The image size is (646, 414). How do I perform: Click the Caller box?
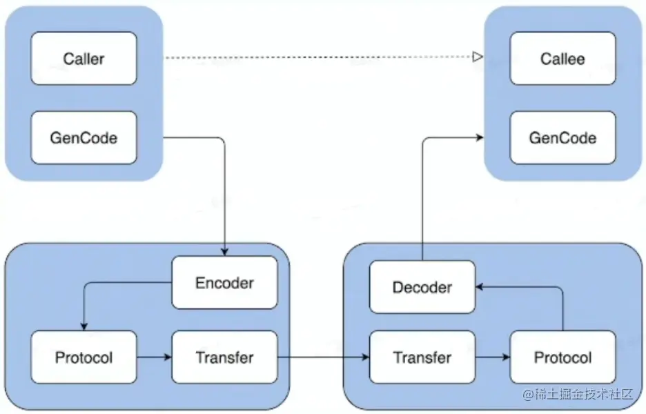(84, 59)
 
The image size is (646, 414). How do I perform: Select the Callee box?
(562, 59)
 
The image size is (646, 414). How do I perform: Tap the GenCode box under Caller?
(84, 137)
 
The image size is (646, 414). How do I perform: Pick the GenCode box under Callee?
(562, 137)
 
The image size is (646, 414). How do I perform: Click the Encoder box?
(224, 283)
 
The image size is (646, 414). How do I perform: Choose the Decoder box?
(422, 287)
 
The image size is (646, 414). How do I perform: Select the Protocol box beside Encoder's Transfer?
(84, 357)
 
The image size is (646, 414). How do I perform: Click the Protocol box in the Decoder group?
(562, 357)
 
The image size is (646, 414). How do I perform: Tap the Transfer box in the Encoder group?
(224, 357)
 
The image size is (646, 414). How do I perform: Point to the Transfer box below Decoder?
(422, 357)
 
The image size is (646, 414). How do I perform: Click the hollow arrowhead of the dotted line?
(477, 58)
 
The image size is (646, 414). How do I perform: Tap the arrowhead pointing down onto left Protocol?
(84, 326)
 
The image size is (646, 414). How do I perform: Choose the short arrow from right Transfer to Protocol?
(492, 357)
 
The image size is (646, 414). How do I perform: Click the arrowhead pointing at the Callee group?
(479, 138)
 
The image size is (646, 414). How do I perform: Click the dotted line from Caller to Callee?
(317, 58)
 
